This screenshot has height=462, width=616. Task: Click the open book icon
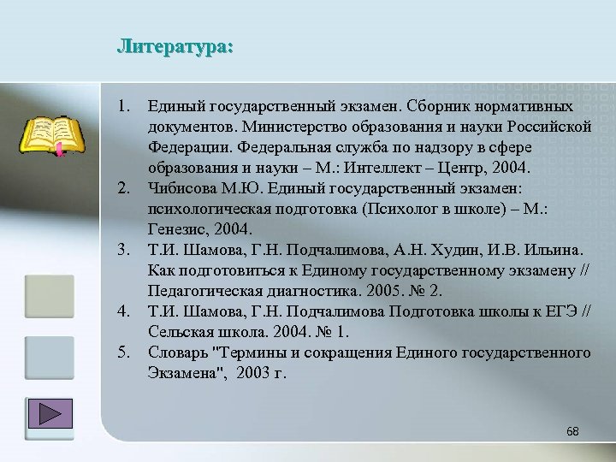pyautogui.click(x=52, y=136)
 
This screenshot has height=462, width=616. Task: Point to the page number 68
pyautogui.click(x=572, y=431)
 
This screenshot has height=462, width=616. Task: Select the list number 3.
pyautogui.click(x=124, y=249)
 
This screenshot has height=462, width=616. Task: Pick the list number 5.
pyautogui.click(x=124, y=352)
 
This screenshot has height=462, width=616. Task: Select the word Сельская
pyautogui.click(x=181, y=330)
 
